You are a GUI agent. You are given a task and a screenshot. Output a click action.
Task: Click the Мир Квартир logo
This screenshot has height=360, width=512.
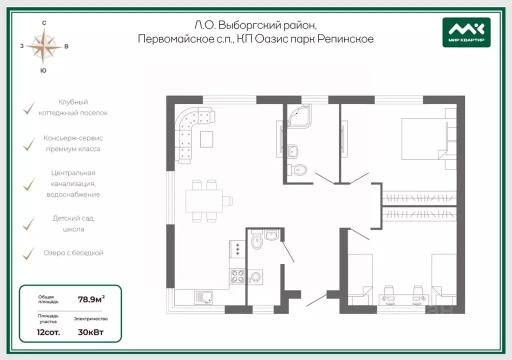(x=466, y=32)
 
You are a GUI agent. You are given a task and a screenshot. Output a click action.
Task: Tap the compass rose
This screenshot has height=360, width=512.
(x=44, y=46)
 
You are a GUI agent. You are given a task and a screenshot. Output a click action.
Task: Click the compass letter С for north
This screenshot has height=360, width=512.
(x=44, y=23)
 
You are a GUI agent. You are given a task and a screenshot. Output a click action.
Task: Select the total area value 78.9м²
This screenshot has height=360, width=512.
(x=91, y=298)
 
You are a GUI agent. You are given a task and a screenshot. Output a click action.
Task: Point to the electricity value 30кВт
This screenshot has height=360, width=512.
(x=91, y=332)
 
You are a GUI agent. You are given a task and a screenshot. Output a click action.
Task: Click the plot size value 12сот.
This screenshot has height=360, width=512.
(x=48, y=332)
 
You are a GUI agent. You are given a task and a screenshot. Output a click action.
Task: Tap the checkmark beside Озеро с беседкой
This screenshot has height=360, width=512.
(x=28, y=253)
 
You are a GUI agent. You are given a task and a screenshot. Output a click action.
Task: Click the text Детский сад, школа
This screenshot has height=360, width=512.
(x=73, y=223)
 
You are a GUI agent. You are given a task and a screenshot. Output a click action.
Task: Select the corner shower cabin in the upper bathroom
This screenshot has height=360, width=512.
(x=298, y=115)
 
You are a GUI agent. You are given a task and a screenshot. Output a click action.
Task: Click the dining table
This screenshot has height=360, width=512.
(x=204, y=201)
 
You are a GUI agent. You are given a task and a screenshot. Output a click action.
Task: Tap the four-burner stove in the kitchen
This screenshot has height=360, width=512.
(x=237, y=275)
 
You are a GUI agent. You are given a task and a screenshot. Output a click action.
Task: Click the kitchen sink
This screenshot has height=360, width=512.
(x=203, y=297)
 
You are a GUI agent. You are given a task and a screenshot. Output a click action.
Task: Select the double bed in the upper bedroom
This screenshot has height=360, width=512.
(x=423, y=139)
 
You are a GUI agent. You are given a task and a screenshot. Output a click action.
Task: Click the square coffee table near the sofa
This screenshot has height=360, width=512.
(x=206, y=139)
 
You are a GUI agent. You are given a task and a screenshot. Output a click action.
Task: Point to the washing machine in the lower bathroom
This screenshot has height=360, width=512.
(x=255, y=277)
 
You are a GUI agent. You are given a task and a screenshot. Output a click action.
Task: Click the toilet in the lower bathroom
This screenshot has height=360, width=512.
(x=257, y=239)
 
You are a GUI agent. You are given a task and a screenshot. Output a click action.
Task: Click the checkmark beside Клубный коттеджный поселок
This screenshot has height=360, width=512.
(x=28, y=108)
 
